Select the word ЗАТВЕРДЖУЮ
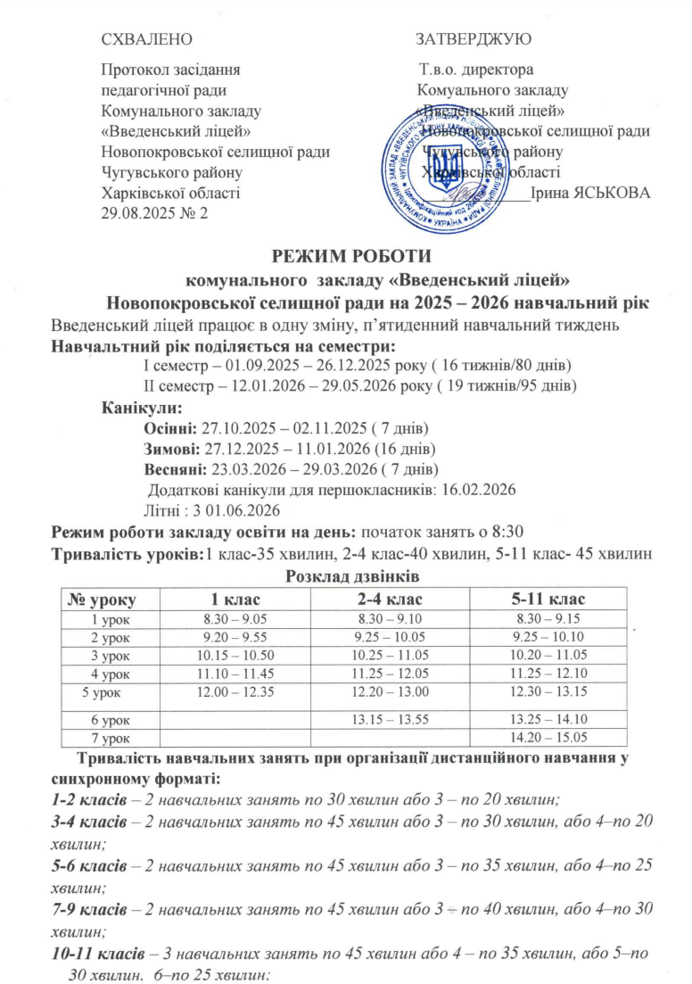click(x=474, y=39)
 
